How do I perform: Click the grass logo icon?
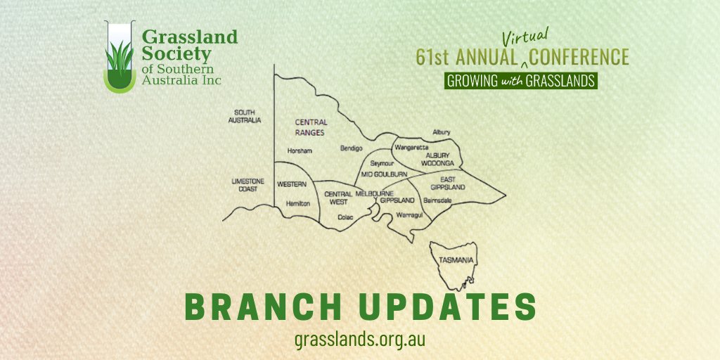tap(120, 60)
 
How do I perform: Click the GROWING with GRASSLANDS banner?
tap(521, 80)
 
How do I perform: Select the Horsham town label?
tap(300, 150)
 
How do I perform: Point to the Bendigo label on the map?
tap(351, 148)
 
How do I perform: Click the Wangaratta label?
tap(412, 148)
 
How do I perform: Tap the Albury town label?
tap(442, 132)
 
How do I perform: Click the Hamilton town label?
tap(298, 202)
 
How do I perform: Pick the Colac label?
tap(344, 217)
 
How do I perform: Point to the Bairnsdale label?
tap(437, 200)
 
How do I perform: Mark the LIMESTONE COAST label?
tap(247, 185)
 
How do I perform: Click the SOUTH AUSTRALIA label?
tap(247, 116)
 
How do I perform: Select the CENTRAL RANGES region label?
tap(311, 127)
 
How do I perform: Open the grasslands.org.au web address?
tap(360, 338)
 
